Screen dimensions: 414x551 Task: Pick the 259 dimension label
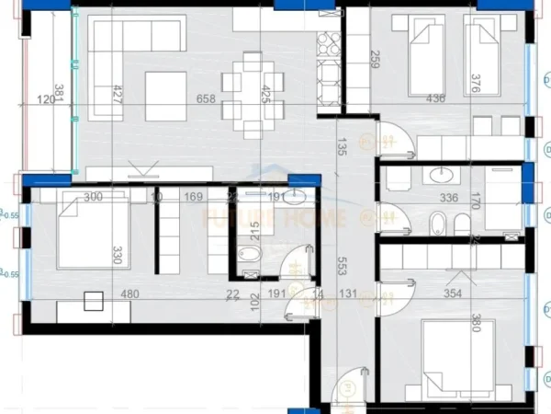click(373, 60)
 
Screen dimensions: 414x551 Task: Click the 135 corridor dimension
click(342, 146)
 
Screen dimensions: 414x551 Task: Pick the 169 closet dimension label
click(193, 196)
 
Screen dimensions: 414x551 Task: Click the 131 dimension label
click(348, 294)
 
